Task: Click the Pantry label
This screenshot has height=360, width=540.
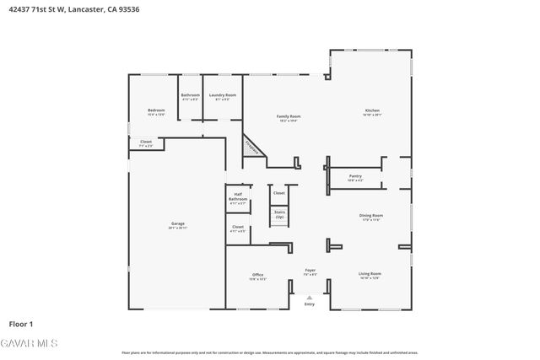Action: point(355,177)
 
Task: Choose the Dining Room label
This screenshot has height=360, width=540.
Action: point(371,218)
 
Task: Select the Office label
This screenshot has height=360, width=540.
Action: point(258,276)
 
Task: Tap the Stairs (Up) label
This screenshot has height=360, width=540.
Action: point(279,215)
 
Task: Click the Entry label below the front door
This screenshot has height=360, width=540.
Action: point(309,304)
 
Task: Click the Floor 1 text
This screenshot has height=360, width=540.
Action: point(21,324)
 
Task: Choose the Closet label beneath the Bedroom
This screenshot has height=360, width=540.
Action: point(146,143)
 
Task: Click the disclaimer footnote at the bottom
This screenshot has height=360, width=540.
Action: point(269,352)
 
